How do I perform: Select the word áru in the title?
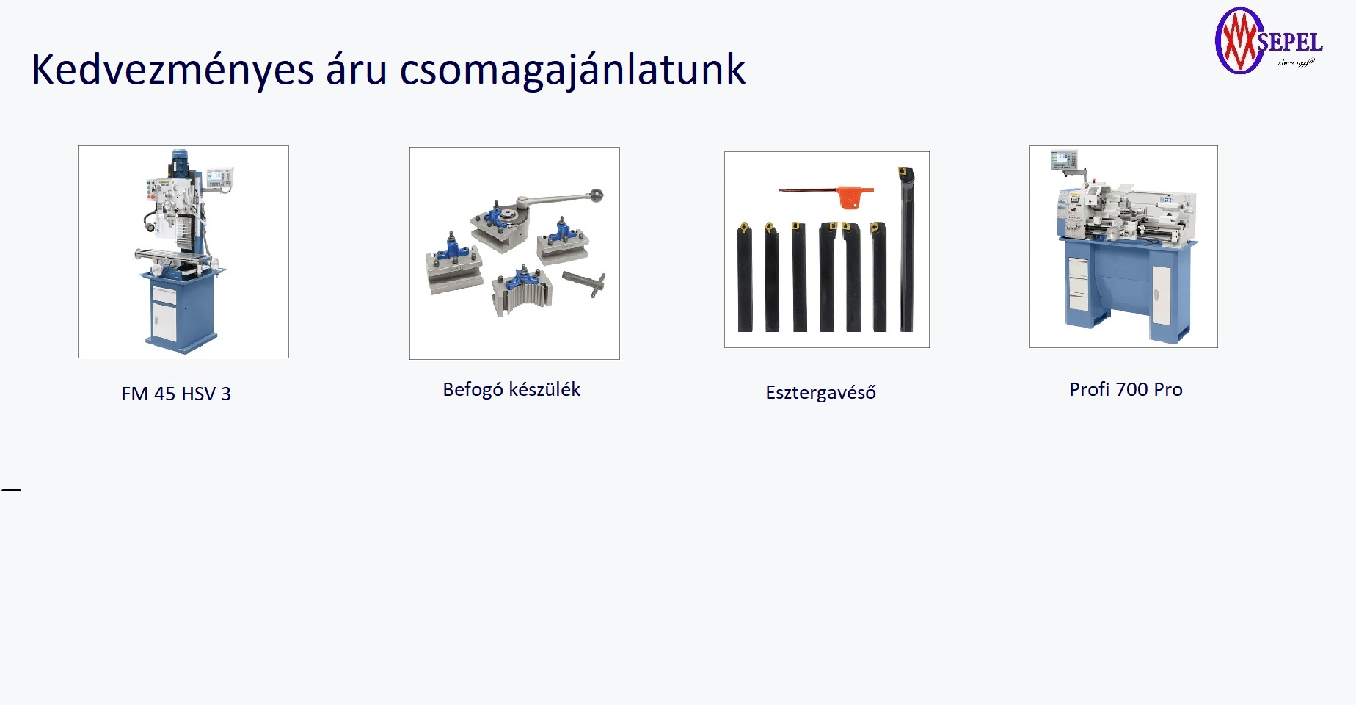[357, 70]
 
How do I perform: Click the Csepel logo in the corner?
[1269, 41]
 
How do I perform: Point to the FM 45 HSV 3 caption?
[176, 394]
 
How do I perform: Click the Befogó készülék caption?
[511, 390]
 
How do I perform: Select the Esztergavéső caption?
[820, 392]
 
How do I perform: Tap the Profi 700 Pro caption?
[1126, 389]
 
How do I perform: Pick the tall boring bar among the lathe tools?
[906, 250]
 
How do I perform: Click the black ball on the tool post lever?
[597, 196]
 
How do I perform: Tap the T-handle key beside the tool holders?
[585, 283]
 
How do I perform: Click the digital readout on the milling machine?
[219, 177]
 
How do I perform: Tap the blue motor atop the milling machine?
[180, 163]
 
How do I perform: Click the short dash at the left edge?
[11, 489]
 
